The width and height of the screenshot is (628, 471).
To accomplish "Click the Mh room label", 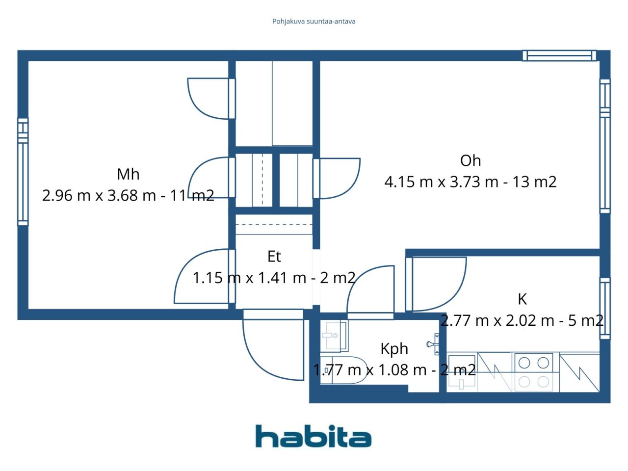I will (x=128, y=174).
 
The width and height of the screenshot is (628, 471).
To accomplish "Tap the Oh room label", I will (x=470, y=160).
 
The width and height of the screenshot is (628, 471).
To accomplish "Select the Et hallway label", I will (x=274, y=256).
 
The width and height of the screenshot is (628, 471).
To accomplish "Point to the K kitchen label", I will (x=522, y=299).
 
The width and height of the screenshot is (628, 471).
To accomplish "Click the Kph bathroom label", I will (x=394, y=348).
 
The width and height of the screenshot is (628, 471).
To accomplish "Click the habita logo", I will (x=314, y=436).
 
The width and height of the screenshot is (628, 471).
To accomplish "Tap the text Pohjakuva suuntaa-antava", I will (x=314, y=21).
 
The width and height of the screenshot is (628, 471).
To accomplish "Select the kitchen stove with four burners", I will (x=533, y=372).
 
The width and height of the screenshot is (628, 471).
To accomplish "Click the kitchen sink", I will (x=461, y=372).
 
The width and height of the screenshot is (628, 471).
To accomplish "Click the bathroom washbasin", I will (x=334, y=336).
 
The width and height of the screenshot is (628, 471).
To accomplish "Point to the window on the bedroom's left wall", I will (x=23, y=172).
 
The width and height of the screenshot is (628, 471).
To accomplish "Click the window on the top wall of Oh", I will (x=559, y=55).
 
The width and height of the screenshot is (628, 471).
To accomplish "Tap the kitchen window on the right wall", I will (x=605, y=308).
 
